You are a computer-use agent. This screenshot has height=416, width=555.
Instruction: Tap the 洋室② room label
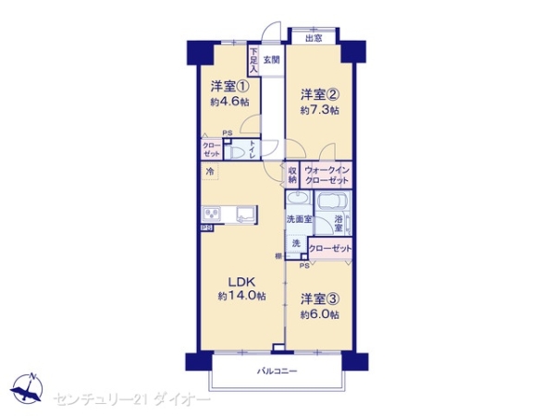coord(320,94)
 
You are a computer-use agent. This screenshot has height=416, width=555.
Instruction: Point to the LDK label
coord(242,281)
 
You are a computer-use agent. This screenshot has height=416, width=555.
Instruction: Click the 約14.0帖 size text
coord(242,297)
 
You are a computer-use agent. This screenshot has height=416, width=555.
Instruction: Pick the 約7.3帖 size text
coord(320,110)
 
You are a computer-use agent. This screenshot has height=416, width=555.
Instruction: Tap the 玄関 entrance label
coord(271,60)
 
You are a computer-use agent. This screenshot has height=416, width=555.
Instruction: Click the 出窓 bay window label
coord(314,38)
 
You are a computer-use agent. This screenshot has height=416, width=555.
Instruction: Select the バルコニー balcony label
coord(277,371)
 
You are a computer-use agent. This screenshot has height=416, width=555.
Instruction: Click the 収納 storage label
coord(292,175)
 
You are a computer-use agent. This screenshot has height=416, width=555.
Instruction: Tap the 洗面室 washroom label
coord(298,220)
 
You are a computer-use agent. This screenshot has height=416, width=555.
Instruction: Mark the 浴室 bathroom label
coord(339,223)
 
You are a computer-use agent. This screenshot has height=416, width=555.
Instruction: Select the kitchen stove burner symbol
coord(208,214)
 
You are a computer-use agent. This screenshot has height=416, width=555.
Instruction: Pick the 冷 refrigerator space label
coord(210,172)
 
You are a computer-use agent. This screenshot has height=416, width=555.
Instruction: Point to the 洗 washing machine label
coord(296,245)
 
